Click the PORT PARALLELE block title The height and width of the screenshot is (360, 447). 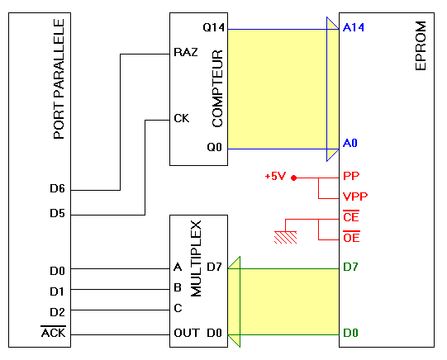(x=59, y=79)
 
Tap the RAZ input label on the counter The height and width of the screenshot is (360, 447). (x=186, y=52)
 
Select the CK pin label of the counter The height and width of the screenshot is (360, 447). (x=181, y=118)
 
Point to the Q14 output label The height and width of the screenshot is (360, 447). (x=214, y=27)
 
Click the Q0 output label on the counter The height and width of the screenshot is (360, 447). (x=214, y=147)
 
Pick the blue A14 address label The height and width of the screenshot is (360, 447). (x=354, y=27)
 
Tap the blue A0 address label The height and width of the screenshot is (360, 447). (x=350, y=143)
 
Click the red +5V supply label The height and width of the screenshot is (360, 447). (x=275, y=177)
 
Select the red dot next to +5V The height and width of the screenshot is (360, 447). (x=294, y=178)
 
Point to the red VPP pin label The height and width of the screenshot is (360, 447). (x=355, y=197)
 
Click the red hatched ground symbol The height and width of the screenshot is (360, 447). (x=285, y=237)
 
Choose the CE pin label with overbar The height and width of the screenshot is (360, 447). (x=351, y=216)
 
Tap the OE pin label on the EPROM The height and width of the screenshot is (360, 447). (x=351, y=237)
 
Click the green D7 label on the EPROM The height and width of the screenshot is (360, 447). (x=350, y=267)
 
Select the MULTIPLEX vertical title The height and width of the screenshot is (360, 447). (x=196, y=258)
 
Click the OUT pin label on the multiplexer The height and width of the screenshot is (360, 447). (x=187, y=333)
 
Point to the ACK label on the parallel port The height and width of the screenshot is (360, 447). (x=54, y=332)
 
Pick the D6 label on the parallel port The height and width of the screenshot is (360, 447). (x=57, y=188)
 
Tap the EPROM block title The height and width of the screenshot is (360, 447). (x=421, y=45)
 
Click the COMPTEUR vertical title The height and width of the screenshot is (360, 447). (x=217, y=88)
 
